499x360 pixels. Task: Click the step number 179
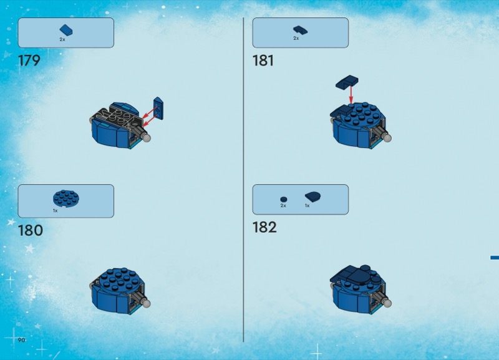(29, 61)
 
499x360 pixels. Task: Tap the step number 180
(30, 230)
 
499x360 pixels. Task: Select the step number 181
(263, 61)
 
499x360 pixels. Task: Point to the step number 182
(264, 227)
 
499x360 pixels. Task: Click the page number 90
(21, 340)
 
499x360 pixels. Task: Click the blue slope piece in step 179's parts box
(66, 30)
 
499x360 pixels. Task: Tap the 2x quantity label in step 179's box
(62, 39)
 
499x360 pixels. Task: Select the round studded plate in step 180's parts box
(66, 198)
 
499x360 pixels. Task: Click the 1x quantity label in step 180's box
(55, 211)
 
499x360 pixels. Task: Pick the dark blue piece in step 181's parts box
(300, 30)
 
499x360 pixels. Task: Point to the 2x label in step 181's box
(296, 38)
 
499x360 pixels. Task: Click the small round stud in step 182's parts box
(284, 200)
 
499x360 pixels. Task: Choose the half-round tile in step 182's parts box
(312, 197)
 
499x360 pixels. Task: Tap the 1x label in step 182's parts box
(307, 206)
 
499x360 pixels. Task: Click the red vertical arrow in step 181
(351, 94)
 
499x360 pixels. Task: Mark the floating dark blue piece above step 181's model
(347, 82)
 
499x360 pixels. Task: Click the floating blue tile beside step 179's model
(158, 109)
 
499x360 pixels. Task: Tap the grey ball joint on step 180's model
(147, 303)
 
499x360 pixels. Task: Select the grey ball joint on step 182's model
(387, 303)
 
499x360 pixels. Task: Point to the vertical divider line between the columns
(243, 180)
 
